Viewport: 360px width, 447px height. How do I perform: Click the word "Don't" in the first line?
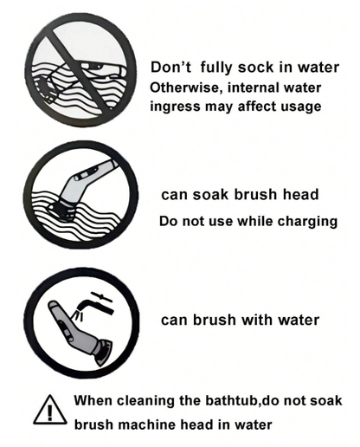tap(170, 68)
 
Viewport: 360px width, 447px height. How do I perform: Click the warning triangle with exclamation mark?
tap(50, 411)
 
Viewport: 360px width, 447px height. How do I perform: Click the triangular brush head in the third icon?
tap(103, 353)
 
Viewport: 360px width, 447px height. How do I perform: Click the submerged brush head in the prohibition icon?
tap(47, 87)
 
